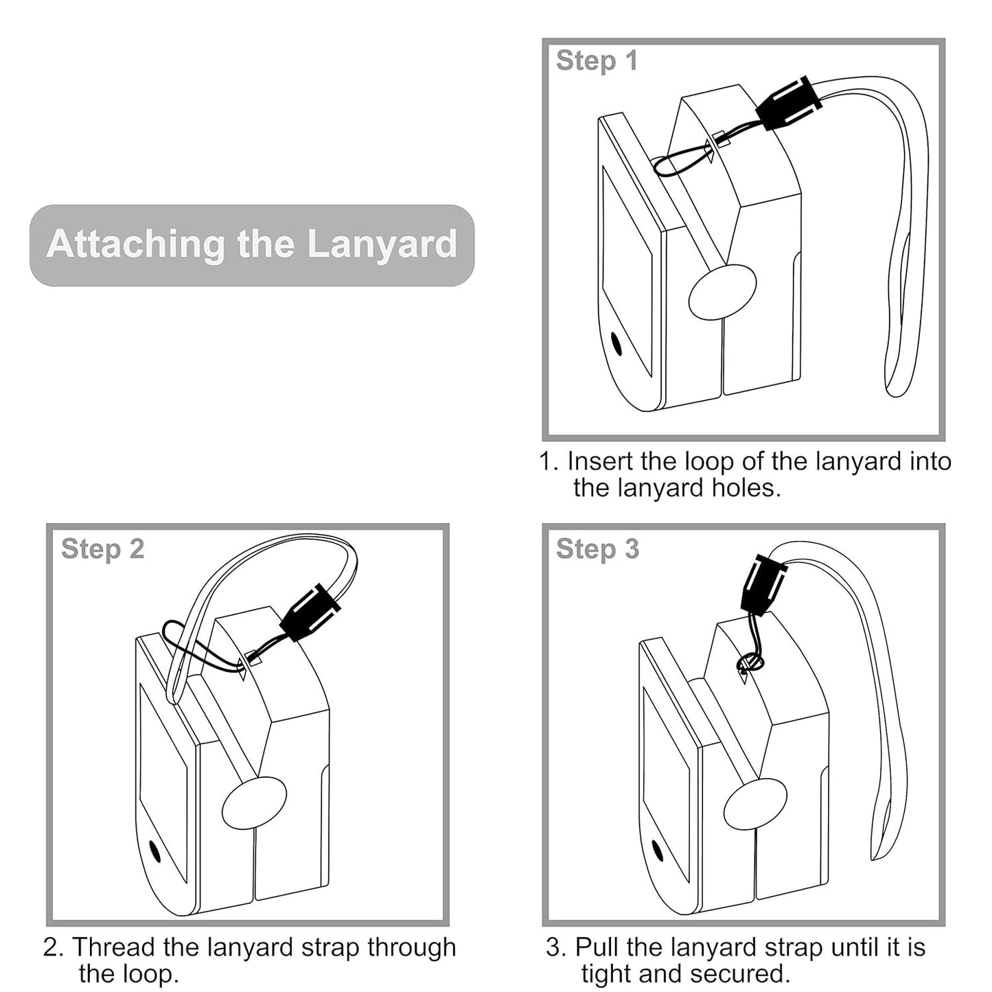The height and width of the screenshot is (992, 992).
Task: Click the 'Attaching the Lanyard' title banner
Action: click(251, 244)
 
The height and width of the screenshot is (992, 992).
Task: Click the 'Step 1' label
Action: click(597, 60)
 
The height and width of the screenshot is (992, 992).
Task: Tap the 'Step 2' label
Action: click(102, 549)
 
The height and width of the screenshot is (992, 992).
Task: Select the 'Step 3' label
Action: click(597, 549)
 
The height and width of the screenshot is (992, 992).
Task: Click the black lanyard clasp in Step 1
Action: click(789, 104)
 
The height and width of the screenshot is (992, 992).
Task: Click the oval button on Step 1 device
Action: click(722, 292)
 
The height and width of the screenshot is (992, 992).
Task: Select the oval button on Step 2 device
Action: click(254, 803)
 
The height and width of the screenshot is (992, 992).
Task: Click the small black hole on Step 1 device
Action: click(616, 343)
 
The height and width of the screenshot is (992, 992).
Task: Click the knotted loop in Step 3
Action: click(749, 662)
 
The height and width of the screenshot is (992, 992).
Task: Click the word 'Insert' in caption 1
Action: click(599, 461)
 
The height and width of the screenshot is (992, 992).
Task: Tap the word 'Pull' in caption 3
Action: click(597, 947)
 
